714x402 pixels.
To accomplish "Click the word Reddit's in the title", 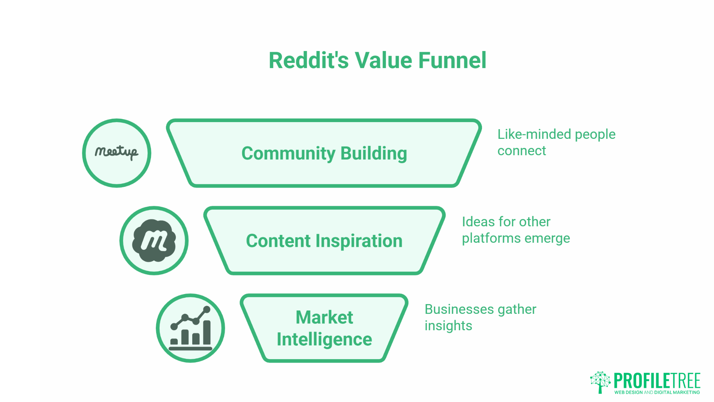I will point(308,60).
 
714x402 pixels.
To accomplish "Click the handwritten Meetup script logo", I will point(116,152).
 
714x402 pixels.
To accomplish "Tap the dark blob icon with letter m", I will point(154,240).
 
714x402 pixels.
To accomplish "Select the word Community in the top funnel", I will point(288,153).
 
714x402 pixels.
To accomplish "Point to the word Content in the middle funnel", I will point(278,241).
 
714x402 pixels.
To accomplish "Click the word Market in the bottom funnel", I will point(324,318).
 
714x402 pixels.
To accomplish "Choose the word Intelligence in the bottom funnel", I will point(324,339).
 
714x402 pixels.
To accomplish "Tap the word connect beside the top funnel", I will point(521,151).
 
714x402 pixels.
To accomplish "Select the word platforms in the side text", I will point(488,238).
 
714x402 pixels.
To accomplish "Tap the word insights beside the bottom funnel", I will point(448,326).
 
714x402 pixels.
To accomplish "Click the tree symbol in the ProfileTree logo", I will point(600,382).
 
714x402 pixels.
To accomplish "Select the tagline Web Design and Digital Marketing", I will point(657,392).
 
